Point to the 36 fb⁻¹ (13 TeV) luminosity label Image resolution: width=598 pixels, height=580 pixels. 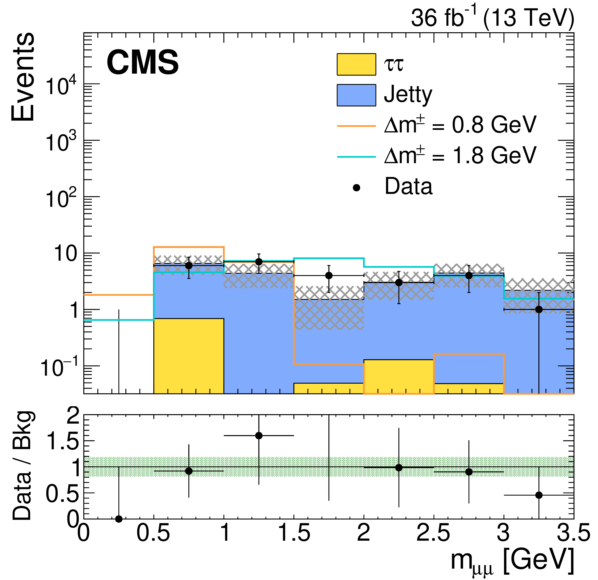pyautogui.click(x=492, y=18)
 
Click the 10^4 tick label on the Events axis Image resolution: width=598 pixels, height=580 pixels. pyautogui.click(x=61, y=86)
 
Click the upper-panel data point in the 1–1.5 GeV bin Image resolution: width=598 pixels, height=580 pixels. pyautogui.click(x=259, y=262)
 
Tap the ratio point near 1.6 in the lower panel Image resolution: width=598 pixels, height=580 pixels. pyautogui.click(x=259, y=435)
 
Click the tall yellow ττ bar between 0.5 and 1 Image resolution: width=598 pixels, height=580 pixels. pyautogui.click(x=189, y=356)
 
